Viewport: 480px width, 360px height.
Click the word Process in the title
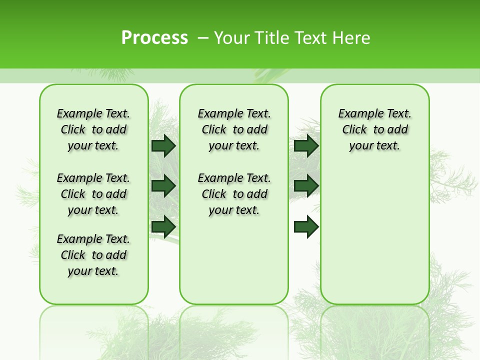[154, 38]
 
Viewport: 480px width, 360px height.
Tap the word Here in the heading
[352, 38]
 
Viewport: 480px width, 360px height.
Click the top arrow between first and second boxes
[163, 145]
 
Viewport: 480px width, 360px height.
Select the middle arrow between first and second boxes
[163, 186]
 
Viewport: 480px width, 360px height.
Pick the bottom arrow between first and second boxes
[163, 226]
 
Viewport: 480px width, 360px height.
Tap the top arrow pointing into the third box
[306, 145]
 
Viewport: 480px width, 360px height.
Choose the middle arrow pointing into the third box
[306, 186]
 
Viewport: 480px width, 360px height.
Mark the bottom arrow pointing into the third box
[306, 226]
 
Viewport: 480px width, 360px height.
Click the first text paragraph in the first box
[93, 129]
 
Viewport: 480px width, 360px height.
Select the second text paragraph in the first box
[93, 194]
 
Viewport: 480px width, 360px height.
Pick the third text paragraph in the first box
[93, 255]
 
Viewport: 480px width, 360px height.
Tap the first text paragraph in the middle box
[234, 129]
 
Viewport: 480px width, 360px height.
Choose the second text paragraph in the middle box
[234, 194]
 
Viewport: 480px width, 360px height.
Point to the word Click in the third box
[354, 129]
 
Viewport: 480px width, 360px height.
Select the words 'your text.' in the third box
[374, 145]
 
